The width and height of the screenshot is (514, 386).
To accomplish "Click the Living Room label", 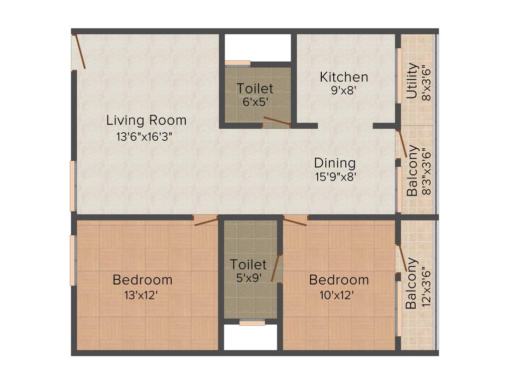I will tap(146, 121).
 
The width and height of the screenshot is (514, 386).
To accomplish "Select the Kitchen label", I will tap(344, 77).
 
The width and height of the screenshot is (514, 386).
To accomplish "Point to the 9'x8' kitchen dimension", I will tap(343, 91).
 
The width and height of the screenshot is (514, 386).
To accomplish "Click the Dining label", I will tap(335, 163).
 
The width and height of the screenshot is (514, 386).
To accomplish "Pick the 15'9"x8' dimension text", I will tap(336, 177).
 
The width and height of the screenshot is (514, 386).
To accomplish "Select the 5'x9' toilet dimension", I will tap(248, 277).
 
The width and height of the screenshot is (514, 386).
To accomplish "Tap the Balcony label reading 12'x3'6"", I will tap(411, 283).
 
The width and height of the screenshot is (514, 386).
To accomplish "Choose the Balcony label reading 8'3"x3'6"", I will tap(413, 171).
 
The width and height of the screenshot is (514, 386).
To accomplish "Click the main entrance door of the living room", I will tap(80, 51).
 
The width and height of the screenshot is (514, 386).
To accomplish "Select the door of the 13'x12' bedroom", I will tap(206, 221).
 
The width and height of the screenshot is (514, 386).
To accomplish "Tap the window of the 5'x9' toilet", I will tap(251, 323).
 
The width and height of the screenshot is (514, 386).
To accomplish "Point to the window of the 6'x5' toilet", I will tap(237, 63).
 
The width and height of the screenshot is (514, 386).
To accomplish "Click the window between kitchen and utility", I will tap(400, 75).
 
